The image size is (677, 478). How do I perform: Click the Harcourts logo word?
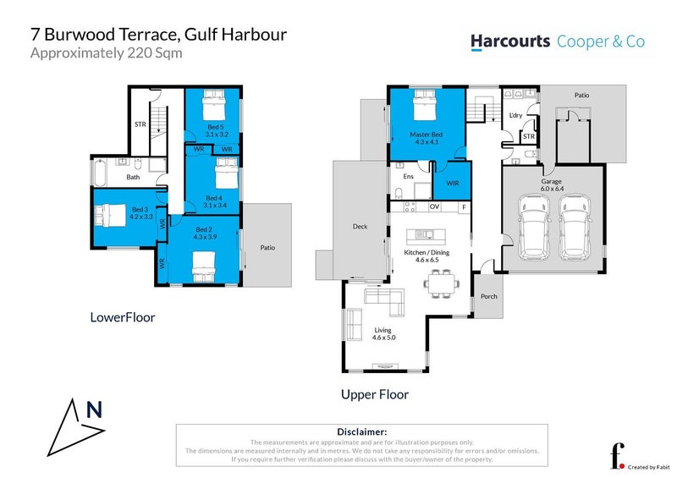(509, 41)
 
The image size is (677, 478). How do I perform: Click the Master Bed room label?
(427, 139)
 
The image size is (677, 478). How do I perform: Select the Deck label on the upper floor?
(361, 226)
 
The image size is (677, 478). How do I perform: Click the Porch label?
(488, 296)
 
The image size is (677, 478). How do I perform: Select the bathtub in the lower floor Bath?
(99, 176)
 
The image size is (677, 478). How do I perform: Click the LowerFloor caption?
(123, 318)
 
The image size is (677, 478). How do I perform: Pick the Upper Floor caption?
(375, 394)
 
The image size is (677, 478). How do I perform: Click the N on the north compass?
(95, 411)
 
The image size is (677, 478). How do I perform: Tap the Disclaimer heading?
(361, 431)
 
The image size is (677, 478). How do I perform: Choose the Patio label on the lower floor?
(267, 247)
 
